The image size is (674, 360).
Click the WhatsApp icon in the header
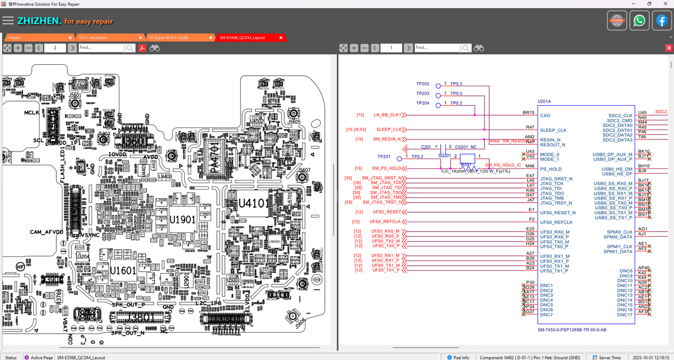click(x=639, y=21)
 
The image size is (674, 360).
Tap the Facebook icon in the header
click(x=662, y=21)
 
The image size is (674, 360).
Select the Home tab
click(x=14, y=38)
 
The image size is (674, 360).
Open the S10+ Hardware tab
click(x=93, y=38)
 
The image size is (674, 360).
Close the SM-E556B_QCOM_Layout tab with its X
click(x=281, y=38)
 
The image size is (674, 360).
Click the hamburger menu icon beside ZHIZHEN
click(x=8, y=21)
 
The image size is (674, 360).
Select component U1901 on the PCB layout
click(x=183, y=219)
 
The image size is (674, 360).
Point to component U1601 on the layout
click(x=123, y=271)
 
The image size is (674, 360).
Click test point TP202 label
click(x=422, y=84)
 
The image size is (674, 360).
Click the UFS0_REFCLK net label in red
click(x=385, y=222)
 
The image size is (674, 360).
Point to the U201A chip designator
click(x=544, y=101)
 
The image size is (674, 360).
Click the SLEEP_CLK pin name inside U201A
click(x=553, y=130)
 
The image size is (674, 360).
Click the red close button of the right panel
click(x=669, y=48)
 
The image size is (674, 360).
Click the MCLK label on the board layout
click(x=32, y=113)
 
